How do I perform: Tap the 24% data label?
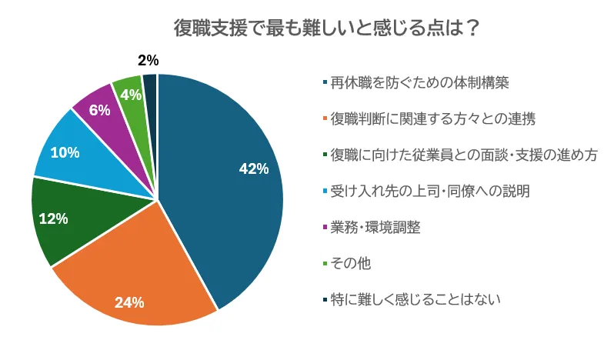129,302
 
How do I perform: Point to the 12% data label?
53,219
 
